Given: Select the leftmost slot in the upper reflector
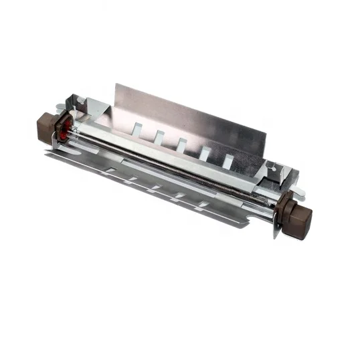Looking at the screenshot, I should pyautogui.click(x=138, y=127).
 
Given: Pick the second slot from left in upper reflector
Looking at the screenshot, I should pyautogui.click(x=159, y=136).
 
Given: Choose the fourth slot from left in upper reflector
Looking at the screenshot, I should pyautogui.click(x=204, y=153).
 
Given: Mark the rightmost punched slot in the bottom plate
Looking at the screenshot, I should pyautogui.click(x=199, y=204).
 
